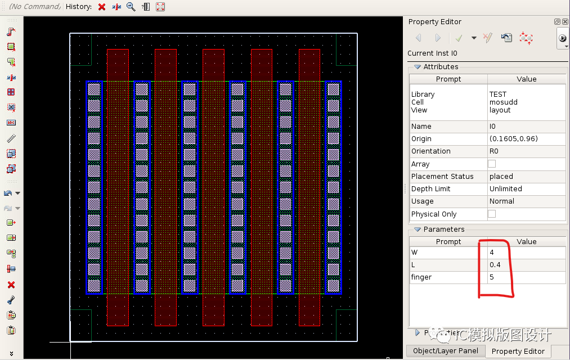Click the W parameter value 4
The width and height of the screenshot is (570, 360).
click(x=491, y=253)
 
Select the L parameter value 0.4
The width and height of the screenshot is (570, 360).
click(x=495, y=265)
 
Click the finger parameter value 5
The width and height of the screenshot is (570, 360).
click(x=491, y=277)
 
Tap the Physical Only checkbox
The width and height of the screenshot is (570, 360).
click(x=492, y=214)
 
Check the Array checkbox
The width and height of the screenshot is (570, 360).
click(x=492, y=164)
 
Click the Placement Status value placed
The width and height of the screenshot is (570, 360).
click(x=501, y=177)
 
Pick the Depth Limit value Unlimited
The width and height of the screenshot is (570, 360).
click(x=505, y=189)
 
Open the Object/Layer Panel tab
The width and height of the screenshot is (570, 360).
click(x=445, y=351)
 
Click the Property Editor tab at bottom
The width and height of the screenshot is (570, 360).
click(x=518, y=351)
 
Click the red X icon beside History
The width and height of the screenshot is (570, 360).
click(x=102, y=7)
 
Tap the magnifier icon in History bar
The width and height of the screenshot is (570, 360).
click(x=131, y=7)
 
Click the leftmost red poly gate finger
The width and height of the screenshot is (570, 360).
click(x=118, y=186)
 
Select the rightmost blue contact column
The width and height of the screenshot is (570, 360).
click(x=333, y=187)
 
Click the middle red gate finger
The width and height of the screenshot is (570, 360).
click(x=213, y=186)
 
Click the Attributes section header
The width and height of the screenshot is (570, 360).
click(x=441, y=67)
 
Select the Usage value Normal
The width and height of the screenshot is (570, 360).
click(x=501, y=201)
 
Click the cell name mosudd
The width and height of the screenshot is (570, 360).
click(x=503, y=102)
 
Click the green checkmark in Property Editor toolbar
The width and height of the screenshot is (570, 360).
click(x=459, y=38)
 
